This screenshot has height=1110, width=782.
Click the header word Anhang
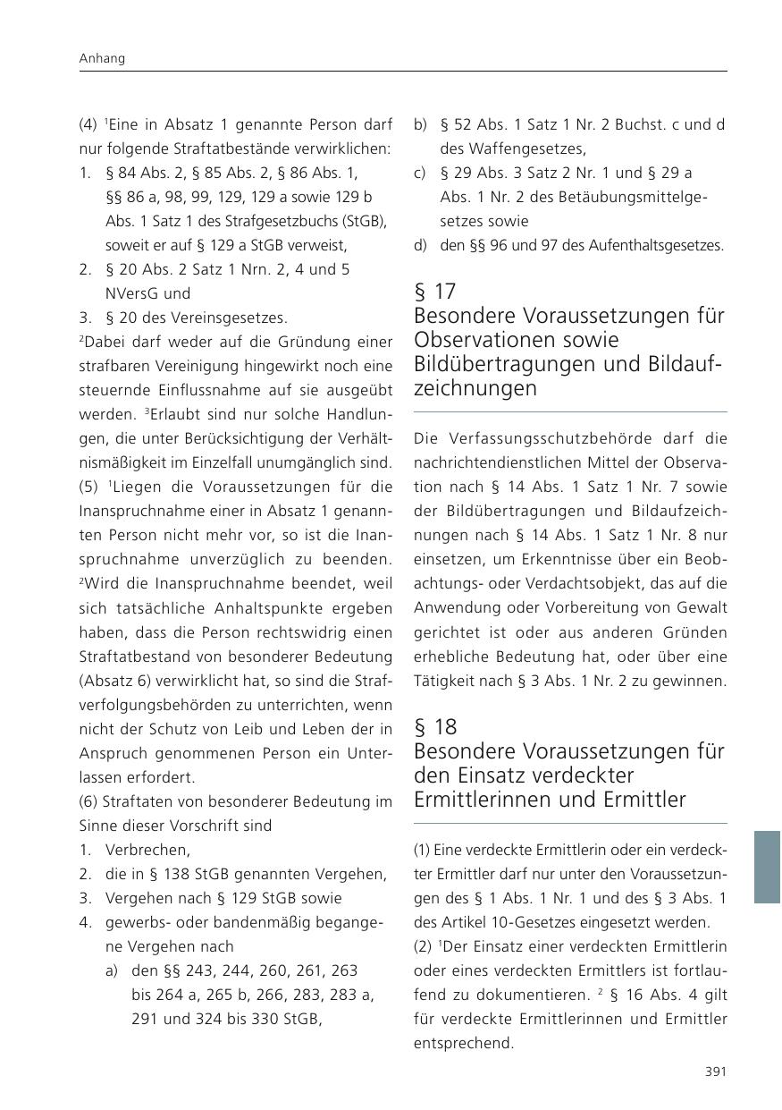(102, 58)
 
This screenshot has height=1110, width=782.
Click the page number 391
(715, 1072)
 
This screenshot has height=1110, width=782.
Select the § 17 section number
(435, 292)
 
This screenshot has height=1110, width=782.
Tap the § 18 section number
(435, 726)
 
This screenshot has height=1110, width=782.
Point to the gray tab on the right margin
(767, 866)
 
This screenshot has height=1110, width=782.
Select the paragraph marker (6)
(88, 801)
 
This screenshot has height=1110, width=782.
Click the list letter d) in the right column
(420, 245)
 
